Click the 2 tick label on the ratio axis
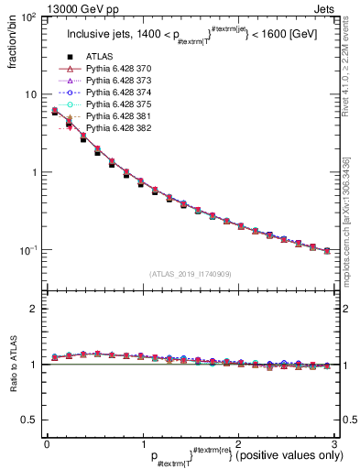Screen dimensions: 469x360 coord(33,309)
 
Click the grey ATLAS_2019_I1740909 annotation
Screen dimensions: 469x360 coord(190,273)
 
